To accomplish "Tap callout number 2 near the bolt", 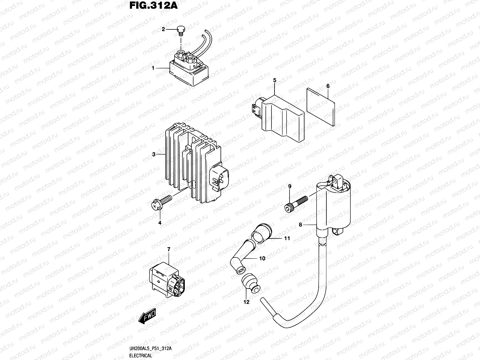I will coord(163,29).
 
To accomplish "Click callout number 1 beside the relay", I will coord(153,68).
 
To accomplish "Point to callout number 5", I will coord(274,80).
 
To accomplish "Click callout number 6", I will coord(328,86).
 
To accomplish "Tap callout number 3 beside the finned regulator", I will coord(154,154).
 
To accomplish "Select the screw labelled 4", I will coord(162,202).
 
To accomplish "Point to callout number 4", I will coord(160,223).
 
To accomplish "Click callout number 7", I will coord(169,249).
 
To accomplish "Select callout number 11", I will coord(287,238).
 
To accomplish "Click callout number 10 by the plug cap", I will coord(262,258).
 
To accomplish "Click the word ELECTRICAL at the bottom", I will coord(141,356).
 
